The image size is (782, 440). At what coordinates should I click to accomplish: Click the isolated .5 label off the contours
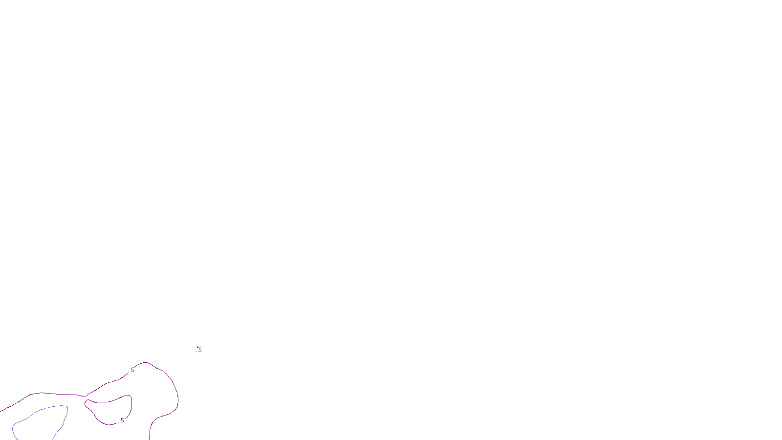[199, 350]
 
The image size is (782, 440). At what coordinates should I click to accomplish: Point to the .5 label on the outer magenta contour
[132, 370]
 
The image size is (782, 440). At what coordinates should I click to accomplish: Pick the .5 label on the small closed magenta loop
[122, 420]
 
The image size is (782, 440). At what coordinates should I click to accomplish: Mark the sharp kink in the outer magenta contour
[86, 396]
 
